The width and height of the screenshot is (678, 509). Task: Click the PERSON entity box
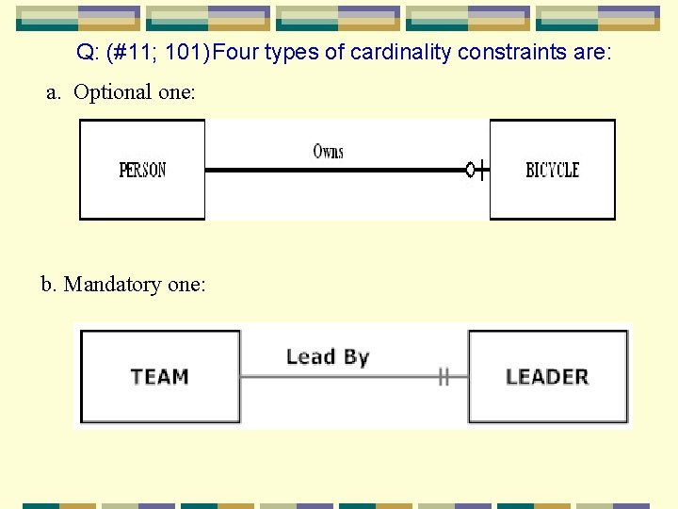[142, 170]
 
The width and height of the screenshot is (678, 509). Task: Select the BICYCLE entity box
[552, 170]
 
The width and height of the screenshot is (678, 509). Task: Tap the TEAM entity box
[160, 376]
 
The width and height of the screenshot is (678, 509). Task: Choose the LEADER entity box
[547, 376]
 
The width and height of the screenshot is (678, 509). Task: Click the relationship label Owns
[329, 151]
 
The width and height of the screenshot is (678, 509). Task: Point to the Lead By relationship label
[328, 356]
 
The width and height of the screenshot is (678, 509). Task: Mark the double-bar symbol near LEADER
[444, 377]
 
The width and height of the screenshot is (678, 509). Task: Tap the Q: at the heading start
[89, 52]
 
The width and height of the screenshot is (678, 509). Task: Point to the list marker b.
[48, 284]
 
